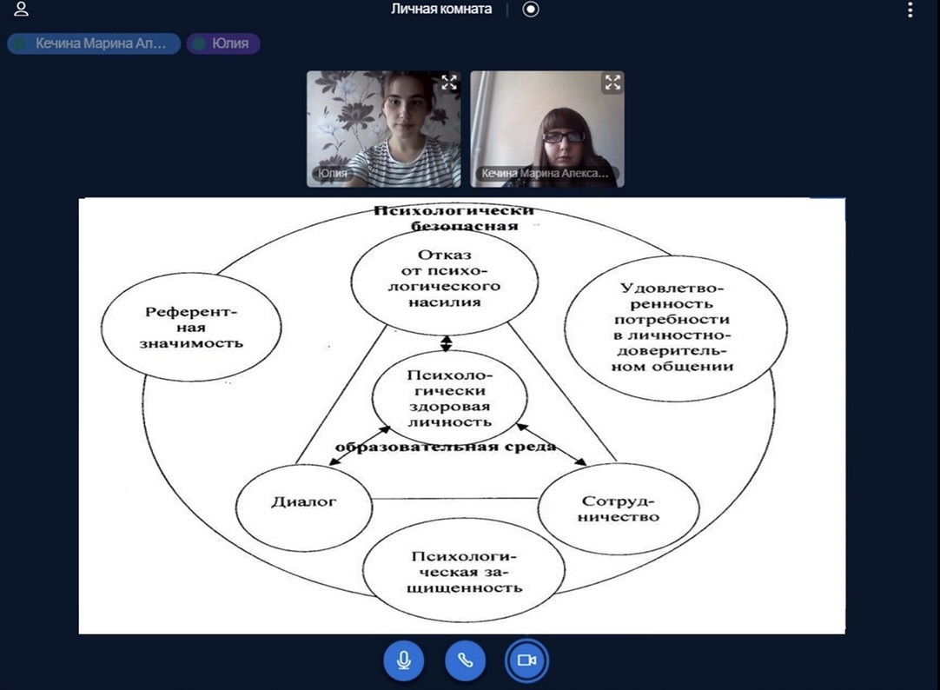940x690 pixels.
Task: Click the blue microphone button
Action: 403,660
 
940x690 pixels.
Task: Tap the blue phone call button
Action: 465,660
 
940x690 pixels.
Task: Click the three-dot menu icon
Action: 910,10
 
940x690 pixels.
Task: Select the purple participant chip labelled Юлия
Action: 223,43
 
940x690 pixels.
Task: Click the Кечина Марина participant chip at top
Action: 94,43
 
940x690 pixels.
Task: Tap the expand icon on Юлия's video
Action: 449,83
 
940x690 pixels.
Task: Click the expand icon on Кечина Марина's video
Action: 612,83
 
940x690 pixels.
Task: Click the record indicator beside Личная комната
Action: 531,10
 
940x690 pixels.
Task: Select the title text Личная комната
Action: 441,9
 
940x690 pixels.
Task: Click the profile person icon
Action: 21,9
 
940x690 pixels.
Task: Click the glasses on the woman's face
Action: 564,136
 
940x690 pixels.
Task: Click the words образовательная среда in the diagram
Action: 446,447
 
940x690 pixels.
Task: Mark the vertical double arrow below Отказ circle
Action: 446,343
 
